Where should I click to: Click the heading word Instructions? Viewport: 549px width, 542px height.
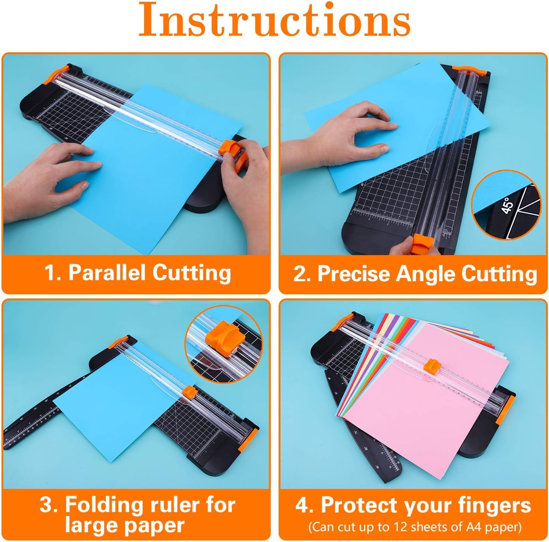[x=274, y=19]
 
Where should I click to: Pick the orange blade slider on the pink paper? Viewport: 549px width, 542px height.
[x=433, y=365]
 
